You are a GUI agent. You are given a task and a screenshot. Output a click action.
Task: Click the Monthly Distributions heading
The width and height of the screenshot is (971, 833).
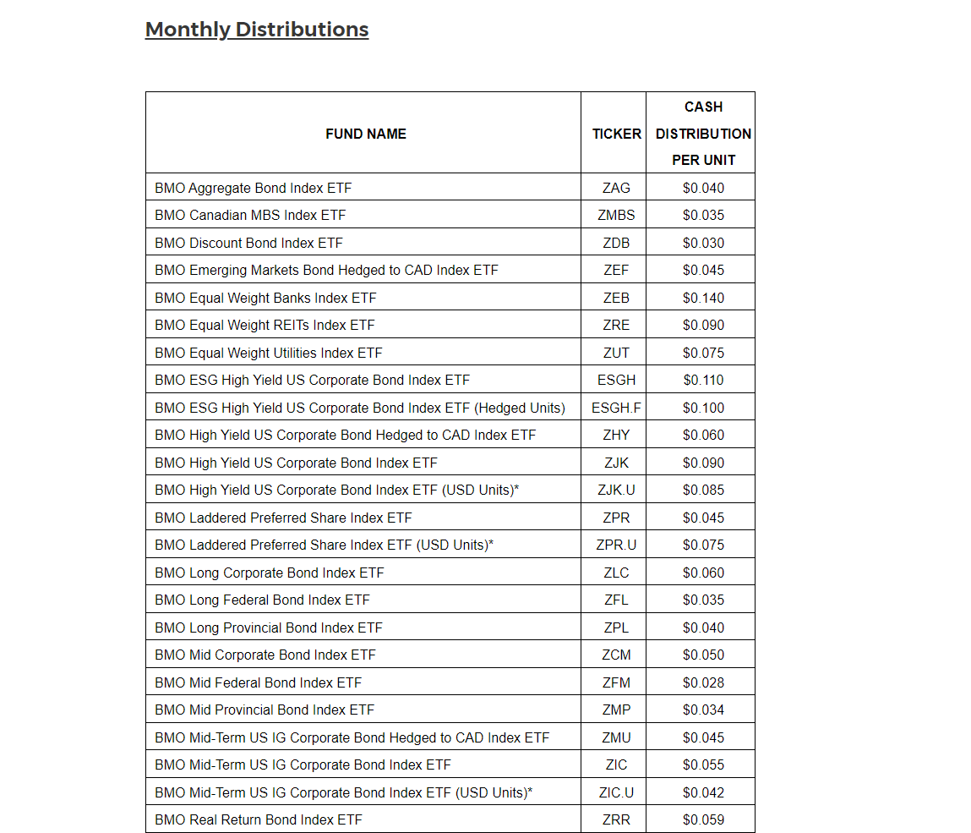coord(257,30)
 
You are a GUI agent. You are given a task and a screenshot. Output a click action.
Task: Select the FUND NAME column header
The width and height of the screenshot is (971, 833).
coord(365,134)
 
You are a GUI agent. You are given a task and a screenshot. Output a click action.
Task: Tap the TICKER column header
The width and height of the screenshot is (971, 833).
coord(616,134)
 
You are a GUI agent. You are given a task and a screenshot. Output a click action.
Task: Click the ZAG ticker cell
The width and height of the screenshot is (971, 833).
coord(616,188)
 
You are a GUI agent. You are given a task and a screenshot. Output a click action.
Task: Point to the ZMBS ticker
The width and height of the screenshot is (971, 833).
coord(616,215)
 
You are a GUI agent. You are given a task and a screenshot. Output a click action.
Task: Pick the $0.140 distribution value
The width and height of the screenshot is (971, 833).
coord(703,298)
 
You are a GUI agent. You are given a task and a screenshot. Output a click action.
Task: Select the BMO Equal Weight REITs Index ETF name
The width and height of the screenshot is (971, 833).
coord(265,325)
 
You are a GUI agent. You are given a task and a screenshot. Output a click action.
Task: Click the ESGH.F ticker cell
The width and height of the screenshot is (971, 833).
coord(616,408)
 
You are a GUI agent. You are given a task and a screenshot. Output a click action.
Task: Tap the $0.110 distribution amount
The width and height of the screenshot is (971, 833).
coord(703,380)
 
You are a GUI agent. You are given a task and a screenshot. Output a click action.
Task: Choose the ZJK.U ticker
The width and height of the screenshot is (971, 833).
coord(616,490)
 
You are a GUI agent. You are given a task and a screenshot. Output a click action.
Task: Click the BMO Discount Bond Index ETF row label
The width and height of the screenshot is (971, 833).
coord(248,243)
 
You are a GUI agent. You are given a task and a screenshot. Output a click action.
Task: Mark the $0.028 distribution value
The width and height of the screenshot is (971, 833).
coord(703,682)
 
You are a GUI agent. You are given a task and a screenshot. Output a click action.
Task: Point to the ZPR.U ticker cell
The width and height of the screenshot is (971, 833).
coord(616,545)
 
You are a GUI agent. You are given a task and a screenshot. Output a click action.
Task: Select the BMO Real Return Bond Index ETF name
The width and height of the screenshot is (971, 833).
coord(258,819)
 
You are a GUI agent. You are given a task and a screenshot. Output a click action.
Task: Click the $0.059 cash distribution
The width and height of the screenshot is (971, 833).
coord(703,819)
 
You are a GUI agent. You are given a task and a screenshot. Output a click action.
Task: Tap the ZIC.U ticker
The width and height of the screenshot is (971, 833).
coord(616,792)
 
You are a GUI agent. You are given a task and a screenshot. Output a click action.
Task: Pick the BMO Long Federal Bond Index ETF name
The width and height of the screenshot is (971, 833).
coord(262,600)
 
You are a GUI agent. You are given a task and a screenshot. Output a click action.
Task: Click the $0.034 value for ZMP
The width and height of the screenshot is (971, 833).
coord(703,710)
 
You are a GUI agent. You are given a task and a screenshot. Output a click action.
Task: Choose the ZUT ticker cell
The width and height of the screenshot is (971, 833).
coord(616,353)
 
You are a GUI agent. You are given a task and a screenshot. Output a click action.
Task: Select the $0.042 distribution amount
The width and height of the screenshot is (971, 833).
coord(703,792)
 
